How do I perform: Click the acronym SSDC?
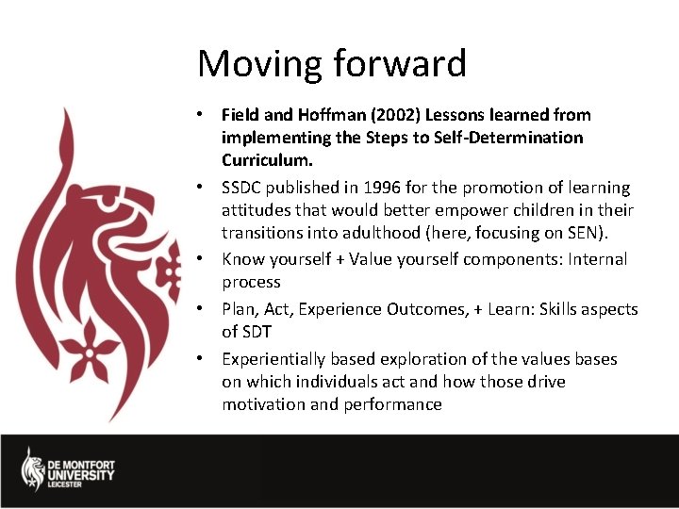(x=242, y=188)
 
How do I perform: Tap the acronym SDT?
(x=258, y=332)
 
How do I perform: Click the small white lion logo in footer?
(x=33, y=468)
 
